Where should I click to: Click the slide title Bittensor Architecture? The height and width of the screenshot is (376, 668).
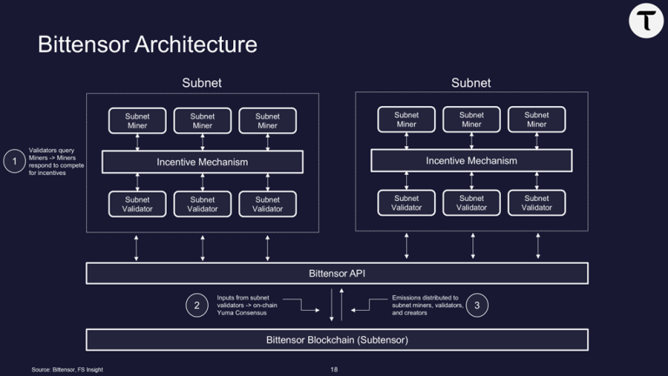point(147,44)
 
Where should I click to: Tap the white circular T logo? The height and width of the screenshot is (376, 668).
point(646,22)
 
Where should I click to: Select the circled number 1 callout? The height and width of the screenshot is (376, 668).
point(14,161)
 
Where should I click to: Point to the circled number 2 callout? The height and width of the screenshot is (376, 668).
point(197,305)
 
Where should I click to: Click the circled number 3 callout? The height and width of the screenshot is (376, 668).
point(477,305)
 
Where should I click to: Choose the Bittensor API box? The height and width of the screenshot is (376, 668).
point(337,273)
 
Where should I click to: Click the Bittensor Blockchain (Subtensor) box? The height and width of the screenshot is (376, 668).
point(337,339)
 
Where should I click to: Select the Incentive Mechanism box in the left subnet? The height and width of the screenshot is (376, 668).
point(202,162)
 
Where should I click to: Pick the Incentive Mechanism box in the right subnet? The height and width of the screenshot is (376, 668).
point(471,161)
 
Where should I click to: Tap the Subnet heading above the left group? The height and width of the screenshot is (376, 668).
point(202,84)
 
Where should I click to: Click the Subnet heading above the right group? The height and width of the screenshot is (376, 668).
point(471,84)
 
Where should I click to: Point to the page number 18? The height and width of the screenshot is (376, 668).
point(334,370)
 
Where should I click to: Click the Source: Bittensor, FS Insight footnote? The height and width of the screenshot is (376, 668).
point(67,370)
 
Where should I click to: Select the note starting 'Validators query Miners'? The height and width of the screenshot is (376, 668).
point(56,161)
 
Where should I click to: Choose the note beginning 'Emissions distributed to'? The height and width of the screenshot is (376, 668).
point(427,305)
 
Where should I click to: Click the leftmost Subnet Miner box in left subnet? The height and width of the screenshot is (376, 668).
point(137,120)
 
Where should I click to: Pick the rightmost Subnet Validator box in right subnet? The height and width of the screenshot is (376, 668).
point(537,203)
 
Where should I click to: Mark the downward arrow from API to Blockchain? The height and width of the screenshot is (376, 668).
point(331,306)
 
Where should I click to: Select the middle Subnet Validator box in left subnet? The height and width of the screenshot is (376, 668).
point(203,204)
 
